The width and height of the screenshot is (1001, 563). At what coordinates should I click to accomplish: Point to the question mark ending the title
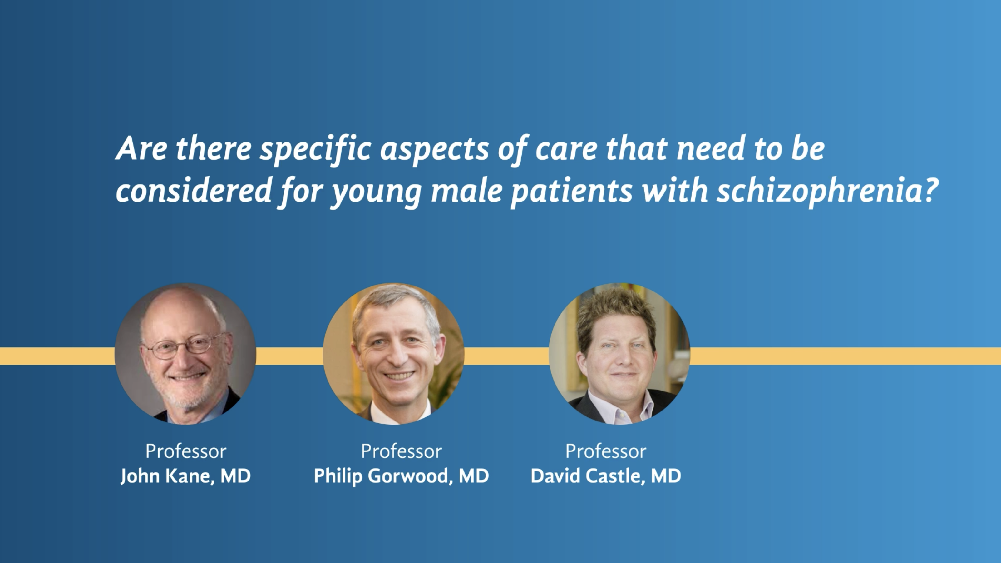coord(932,189)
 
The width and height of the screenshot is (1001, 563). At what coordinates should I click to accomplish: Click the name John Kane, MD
coord(185,476)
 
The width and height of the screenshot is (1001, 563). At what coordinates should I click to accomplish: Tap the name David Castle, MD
coord(606,476)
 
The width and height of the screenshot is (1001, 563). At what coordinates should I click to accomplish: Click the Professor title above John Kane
coord(186,451)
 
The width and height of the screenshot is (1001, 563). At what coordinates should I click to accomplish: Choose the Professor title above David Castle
coord(606,451)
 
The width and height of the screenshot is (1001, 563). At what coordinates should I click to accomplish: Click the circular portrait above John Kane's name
coord(185,354)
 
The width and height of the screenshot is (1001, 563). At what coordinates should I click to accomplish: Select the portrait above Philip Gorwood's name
coord(394,354)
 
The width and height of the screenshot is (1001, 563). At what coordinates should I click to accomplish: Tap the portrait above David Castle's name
coord(619,354)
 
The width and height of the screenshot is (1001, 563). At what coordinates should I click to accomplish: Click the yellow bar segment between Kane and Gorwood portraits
coord(289,356)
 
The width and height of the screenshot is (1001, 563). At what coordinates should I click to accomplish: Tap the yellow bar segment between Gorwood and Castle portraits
coord(506,356)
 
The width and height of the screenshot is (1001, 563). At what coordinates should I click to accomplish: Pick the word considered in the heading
coord(193,191)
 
